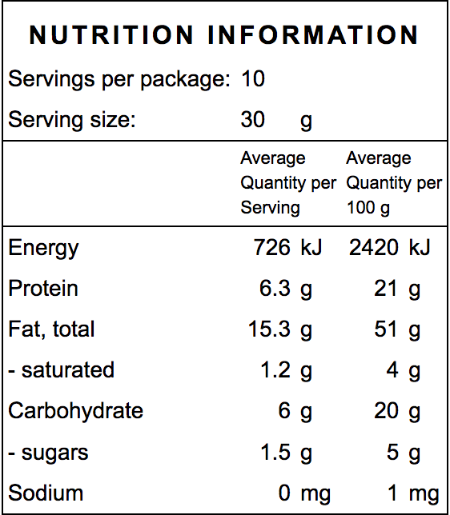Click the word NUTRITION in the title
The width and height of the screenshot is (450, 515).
pyautogui.click(x=111, y=35)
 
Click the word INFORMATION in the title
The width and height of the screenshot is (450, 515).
pyautogui.click(x=313, y=35)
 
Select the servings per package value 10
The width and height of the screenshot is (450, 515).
pyautogui.click(x=252, y=79)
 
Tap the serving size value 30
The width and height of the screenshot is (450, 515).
pyautogui.click(x=252, y=121)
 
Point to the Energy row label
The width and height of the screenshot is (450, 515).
pyautogui.click(x=43, y=248)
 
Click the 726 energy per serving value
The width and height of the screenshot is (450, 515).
pyautogui.click(x=271, y=248)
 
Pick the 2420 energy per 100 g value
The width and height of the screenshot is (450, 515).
pyautogui.click(x=374, y=248)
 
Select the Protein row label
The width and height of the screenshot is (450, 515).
pyautogui.click(x=43, y=289)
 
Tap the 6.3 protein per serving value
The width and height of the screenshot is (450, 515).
pyautogui.click(x=275, y=289)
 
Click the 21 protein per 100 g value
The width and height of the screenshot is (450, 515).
pyautogui.click(x=386, y=289)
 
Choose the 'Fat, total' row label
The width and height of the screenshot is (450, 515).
pyautogui.click(x=51, y=329)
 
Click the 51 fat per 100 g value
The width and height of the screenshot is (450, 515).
pyautogui.click(x=386, y=329)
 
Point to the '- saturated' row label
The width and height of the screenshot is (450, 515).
pyautogui.click(x=61, y=370)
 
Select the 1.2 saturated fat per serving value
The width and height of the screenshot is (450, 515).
pyautogui.click(x=275, y=370)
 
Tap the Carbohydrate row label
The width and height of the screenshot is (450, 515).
pyautogui.click(x=75, y=411)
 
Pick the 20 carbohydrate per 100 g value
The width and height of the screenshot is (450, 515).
pyautogui.click(x=386, y=411)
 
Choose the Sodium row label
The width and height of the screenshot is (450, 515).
pyautogui.click(x=46, y=493)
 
